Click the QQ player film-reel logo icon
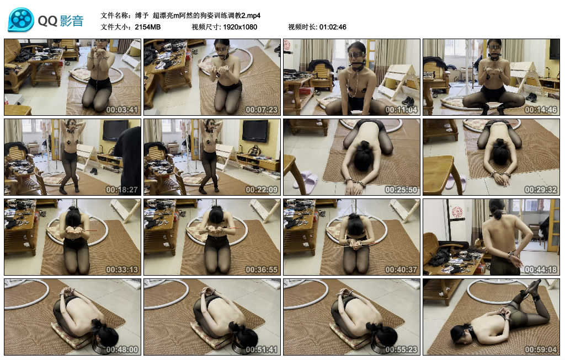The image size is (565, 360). pyautogui.click(x=21, y=20)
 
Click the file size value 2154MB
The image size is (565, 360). pyautogui.click(x=147, y=27)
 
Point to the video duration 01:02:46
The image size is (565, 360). pyautogui.click(x=332, y=27)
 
